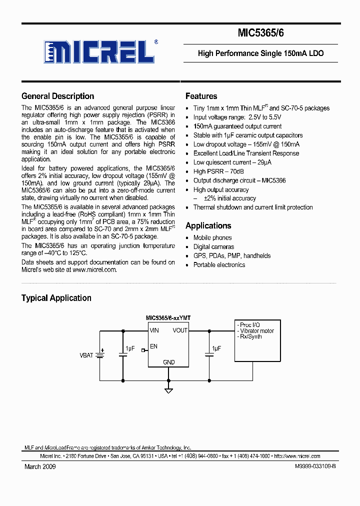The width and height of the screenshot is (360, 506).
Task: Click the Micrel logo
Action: pyautogui.click(x=98, y=51)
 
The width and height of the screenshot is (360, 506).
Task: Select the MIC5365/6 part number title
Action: pyautogui.click(x=260, y=33)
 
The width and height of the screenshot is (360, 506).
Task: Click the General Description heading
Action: pyautogui.click(x=57, y=96)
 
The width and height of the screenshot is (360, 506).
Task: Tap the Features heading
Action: pyautogui.click(x=201, y=96)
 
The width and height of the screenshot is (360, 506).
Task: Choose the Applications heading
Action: pyautogui.click(x=208, y=225)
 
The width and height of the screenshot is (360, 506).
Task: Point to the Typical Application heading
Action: pyautogui.click(x=56, y=298)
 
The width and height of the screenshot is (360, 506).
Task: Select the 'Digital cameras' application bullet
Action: pyautogui.click(x=213, y=246)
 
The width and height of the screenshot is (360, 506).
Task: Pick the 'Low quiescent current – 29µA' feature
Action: pyautogui.click(x=232, y=162)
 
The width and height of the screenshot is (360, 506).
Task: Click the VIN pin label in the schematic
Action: pyautogui.click(x=154, y=330)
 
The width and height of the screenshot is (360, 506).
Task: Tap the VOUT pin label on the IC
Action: pyautogui.click(x=180, y=330)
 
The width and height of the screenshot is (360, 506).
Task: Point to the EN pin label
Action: pyautogui.click(x=153, y=346)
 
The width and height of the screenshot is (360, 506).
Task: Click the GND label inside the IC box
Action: pyautogui.click(x=168, y=362)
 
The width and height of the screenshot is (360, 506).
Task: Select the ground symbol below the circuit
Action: pyautogui.click(x=168, y=390)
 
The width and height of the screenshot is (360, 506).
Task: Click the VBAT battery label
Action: pyautogui.click(x=86, y=355)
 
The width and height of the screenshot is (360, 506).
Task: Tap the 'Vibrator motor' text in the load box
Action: pyautogui.click(x=257, y=330)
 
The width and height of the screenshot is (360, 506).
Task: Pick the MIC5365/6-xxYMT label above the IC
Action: pyautogui.click(x=168, y=318)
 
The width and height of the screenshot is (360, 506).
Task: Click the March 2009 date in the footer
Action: pyautogui.click(x=40, y=466)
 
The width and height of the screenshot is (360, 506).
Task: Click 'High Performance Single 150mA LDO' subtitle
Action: pyautogui.click(x=260, y=53)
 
